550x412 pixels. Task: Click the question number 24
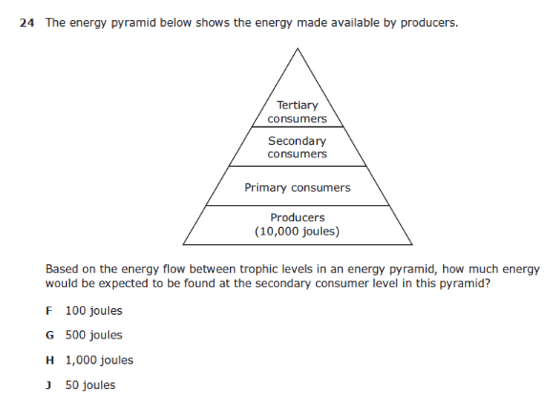(27, 23)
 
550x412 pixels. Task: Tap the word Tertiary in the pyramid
(298, 106)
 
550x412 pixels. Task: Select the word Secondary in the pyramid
(297, 141)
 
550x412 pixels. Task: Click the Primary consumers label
(298, 188)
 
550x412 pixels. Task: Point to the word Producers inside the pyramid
(298, 217)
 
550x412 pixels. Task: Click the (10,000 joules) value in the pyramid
(297, 232)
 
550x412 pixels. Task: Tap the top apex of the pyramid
(298, 49)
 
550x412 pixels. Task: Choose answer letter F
(49, 311)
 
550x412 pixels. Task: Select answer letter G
(50, 336)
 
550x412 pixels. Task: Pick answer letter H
(50, 360)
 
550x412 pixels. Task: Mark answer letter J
(49, 385)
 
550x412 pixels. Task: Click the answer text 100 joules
(94, 311)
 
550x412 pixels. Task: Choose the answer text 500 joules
(94, 336)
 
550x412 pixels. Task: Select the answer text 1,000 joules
(99, 360)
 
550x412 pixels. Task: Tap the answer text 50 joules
(91, 385)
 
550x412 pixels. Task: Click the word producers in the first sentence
(430, 23)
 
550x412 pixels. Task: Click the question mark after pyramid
(486, 283)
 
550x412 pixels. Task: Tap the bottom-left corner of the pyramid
(183, 244)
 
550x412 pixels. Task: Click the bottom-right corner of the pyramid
(412, 244)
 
